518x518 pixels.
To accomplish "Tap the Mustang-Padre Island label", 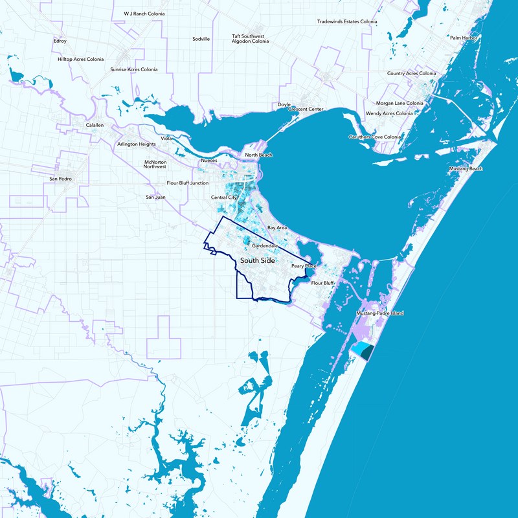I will tap(379, 313).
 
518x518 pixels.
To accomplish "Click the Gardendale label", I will tap(265, 247).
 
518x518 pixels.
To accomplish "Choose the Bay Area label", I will tap(277, 228).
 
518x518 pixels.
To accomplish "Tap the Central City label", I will tap(224, 197).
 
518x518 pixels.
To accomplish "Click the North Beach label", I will tap(258, 155).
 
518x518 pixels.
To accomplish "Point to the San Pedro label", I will tap(60, 177).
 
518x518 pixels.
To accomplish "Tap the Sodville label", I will tap(201, 39).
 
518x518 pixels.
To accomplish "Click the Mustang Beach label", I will tap(466, 169).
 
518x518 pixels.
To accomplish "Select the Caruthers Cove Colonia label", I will tap(375, 137).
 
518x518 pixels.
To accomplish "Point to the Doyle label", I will tap(284, 104).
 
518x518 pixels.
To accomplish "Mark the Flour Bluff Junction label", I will tap(188, 183).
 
